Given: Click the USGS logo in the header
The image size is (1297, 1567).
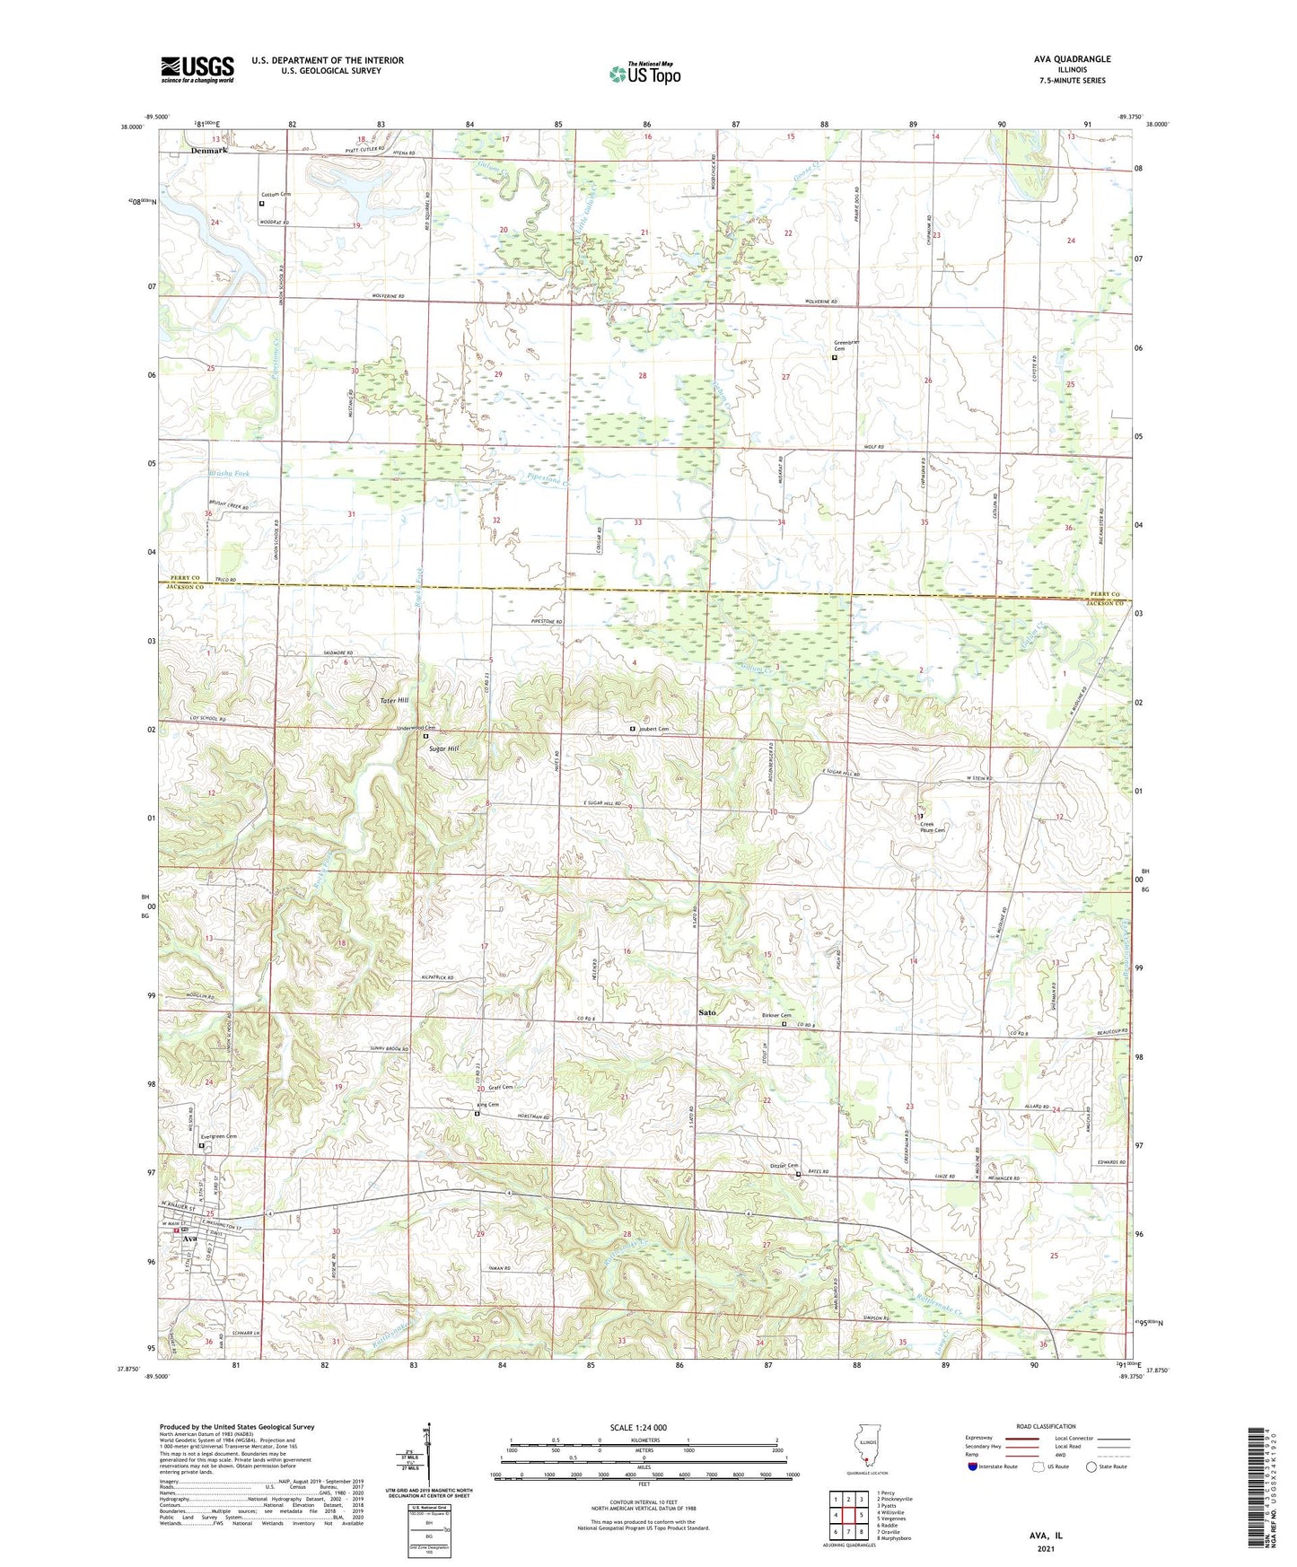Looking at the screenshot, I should point(197,69).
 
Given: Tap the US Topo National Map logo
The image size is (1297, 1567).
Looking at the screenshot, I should point(644,74).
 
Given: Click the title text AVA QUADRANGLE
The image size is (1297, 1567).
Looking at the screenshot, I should point(1072,59).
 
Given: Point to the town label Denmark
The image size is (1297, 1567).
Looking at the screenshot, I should point(209,151).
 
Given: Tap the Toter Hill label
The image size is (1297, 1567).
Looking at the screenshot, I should point(394,700).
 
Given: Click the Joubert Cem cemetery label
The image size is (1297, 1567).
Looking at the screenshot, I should point(653,729).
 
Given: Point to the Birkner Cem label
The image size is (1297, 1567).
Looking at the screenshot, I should point(776,1015).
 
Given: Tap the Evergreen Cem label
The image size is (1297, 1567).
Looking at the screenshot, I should point(219,1136).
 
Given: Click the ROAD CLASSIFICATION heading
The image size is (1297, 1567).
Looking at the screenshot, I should point(1047,1426).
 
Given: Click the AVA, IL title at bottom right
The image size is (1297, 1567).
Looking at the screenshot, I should point(1046,1536).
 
